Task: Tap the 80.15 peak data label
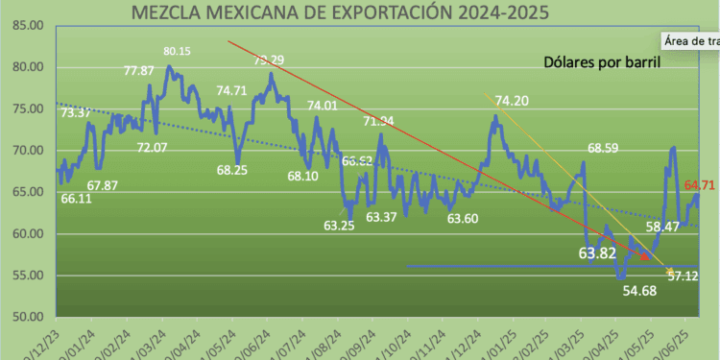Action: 178,52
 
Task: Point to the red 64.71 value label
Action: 698,183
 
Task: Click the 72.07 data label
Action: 153,148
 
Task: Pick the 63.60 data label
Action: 463,219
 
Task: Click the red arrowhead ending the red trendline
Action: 644,255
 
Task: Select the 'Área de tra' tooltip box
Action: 689,41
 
